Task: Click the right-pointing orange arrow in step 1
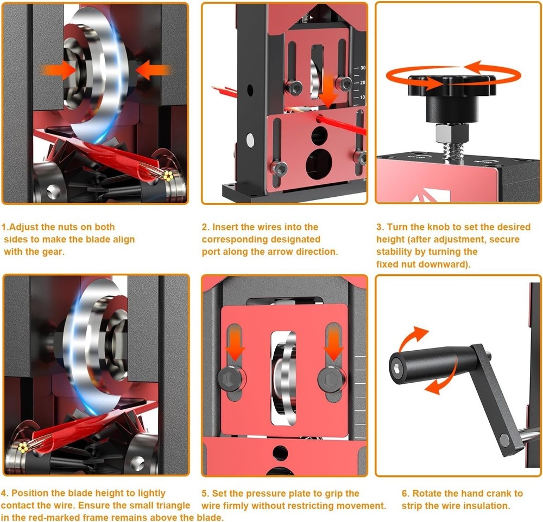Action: [x=60, y=70]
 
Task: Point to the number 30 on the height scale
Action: [x=362, y=68]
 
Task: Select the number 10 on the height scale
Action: [x=362, y=97]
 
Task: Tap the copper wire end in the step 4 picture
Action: [x=24, y=447]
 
